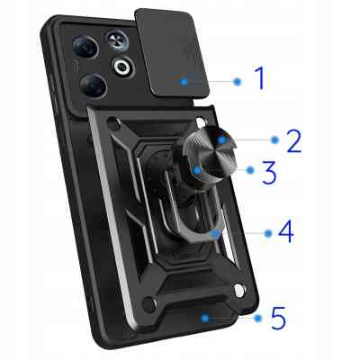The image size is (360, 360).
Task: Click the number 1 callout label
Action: (259, 78)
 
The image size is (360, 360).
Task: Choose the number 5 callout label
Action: (278, 318)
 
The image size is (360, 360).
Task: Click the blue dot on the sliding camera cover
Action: (184, 82)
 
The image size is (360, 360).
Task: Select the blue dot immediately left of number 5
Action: (257, 318)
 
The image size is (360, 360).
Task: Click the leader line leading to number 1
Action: (211, 81)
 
